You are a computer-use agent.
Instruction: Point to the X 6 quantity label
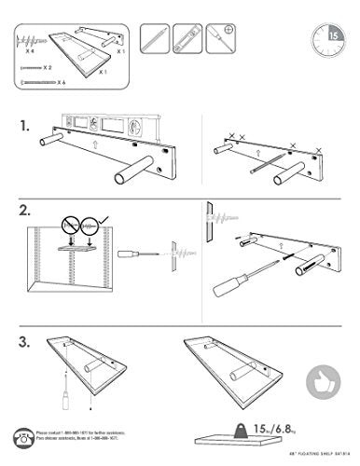point(61,82)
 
